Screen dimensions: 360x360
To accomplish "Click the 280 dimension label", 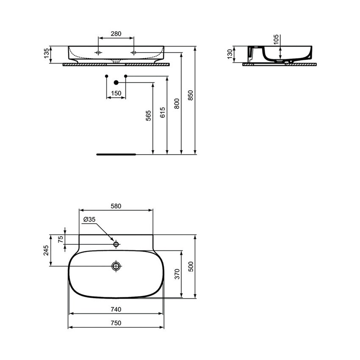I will pos(116,33).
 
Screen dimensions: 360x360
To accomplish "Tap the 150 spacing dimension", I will pos(116,93).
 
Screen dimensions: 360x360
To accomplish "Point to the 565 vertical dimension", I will pos(148,116).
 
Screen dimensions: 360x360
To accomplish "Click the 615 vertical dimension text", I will pos(163,112).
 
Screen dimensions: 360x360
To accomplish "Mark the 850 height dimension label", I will pos(191,96).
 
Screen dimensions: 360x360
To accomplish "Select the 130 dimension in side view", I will pos(230,54).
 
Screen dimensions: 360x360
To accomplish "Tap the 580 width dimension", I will pos(116,206).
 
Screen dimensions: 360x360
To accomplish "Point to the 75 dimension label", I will pos(61,239).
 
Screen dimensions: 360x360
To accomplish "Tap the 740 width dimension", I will pos(116,310).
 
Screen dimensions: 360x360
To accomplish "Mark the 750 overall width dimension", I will pos(116,323).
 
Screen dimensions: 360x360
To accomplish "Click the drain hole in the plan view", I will pos(116,266).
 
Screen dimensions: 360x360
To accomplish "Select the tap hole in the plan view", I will pos(116,244).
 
